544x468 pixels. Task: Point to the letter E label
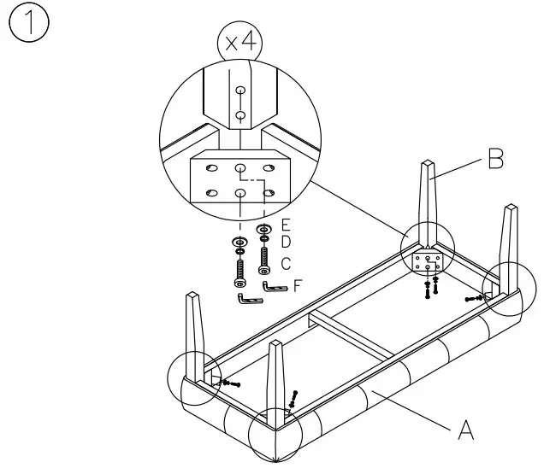(x=287, y=226)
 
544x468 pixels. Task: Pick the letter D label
(x=287, y=244)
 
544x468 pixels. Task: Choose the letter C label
(x=287, y=264)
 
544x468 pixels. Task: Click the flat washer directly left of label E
(x=265, y=230)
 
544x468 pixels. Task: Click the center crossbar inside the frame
(x=351, y=333)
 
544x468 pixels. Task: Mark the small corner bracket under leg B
(x=427, y=263)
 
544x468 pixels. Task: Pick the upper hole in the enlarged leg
(x=241, y=90)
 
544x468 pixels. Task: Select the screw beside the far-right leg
(x=476, y=298)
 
